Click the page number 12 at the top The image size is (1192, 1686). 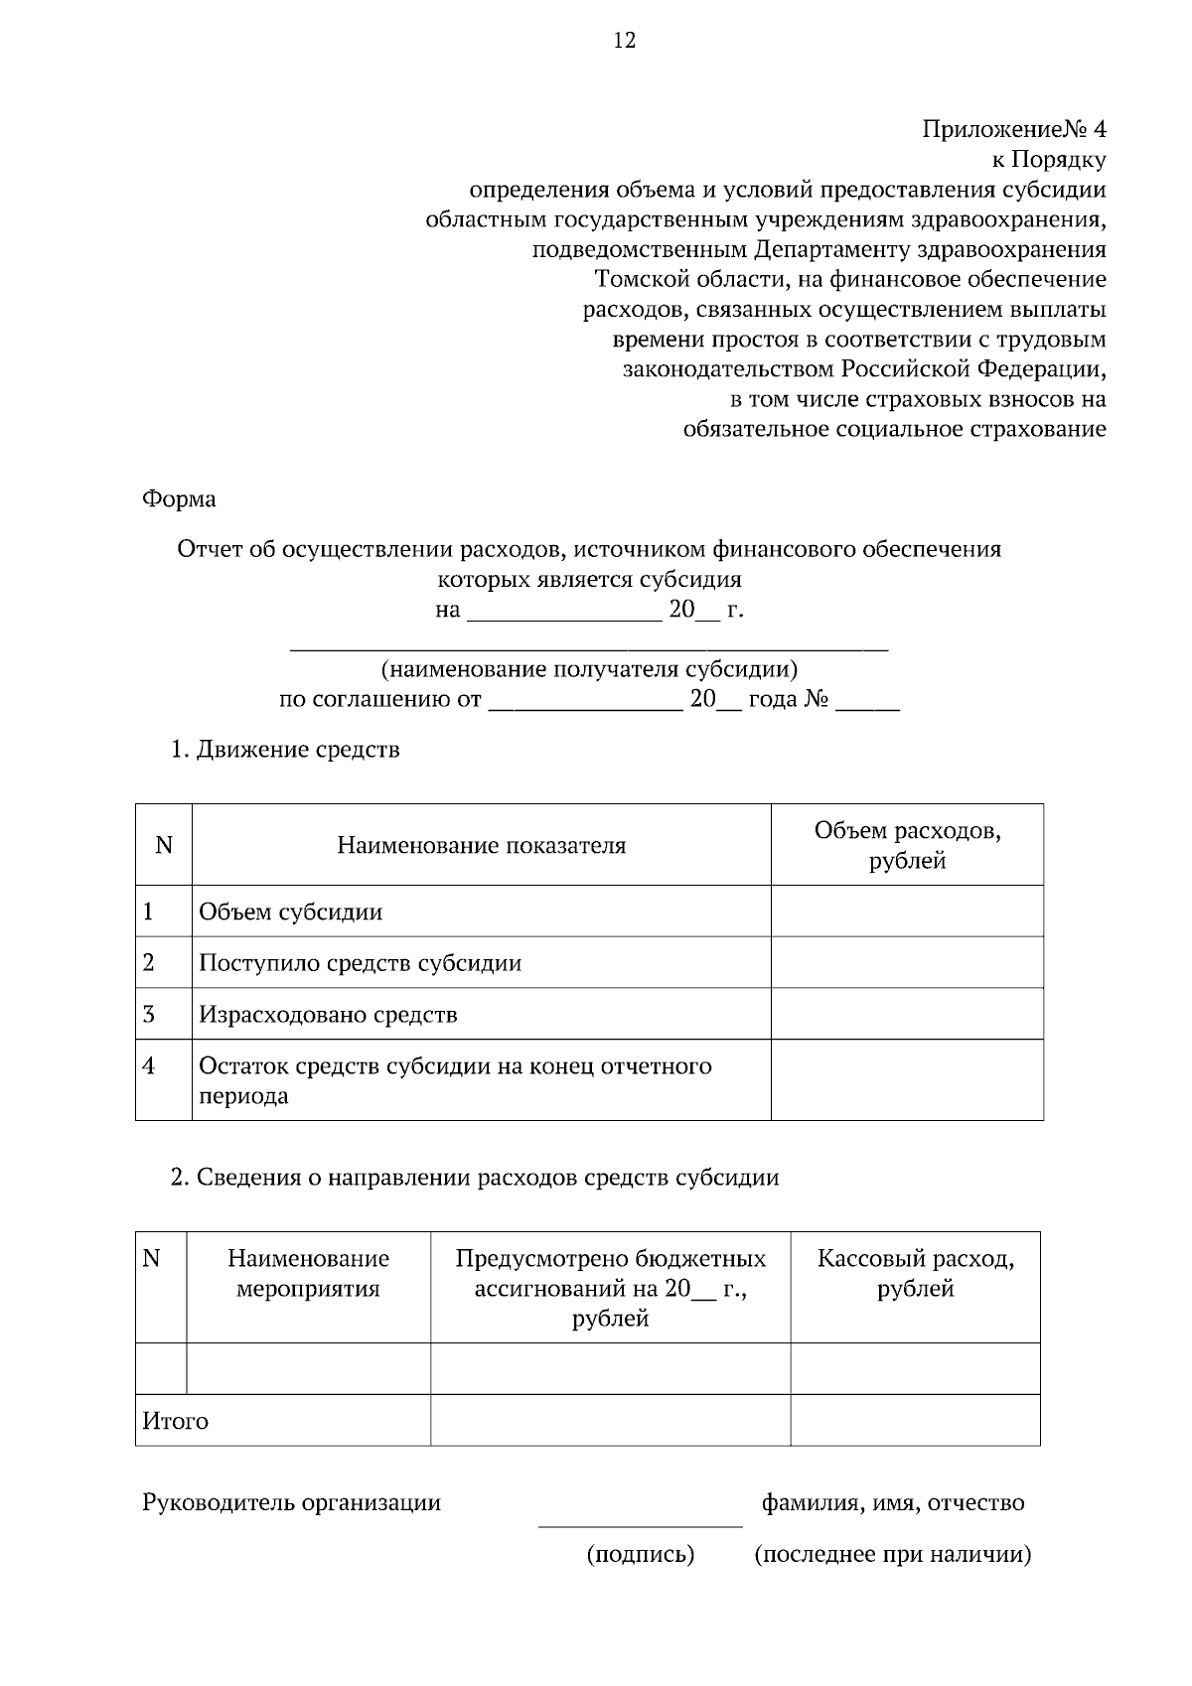pos(624,41)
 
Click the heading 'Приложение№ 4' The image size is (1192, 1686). pos(1013,130)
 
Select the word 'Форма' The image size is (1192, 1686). pos(179,498)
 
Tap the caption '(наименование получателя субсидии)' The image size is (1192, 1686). pos(589,668)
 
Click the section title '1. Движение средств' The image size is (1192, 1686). pos(285,749)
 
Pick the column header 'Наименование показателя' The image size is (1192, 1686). pos(481,845)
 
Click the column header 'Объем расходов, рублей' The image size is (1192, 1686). pos(907,845)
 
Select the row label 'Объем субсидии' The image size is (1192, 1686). pos(290,912)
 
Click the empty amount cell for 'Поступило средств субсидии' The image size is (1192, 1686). pos(907,962)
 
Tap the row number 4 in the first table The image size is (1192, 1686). pos(149,1066)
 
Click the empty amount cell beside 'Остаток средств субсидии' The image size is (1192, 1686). pos(907,1080)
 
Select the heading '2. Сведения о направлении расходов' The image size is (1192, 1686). pos(475,1178)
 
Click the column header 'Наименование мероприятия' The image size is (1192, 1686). pos(308,1274)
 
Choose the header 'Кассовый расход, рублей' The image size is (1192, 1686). pos(915,1274)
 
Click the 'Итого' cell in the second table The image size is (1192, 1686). pos(176,1421)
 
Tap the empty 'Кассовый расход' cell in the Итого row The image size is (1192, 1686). pos(915,1420)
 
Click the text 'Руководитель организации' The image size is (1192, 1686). pos(291,1502)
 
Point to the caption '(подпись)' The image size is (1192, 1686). pos(640,1554)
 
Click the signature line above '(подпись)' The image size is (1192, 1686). pos(640,1525)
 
